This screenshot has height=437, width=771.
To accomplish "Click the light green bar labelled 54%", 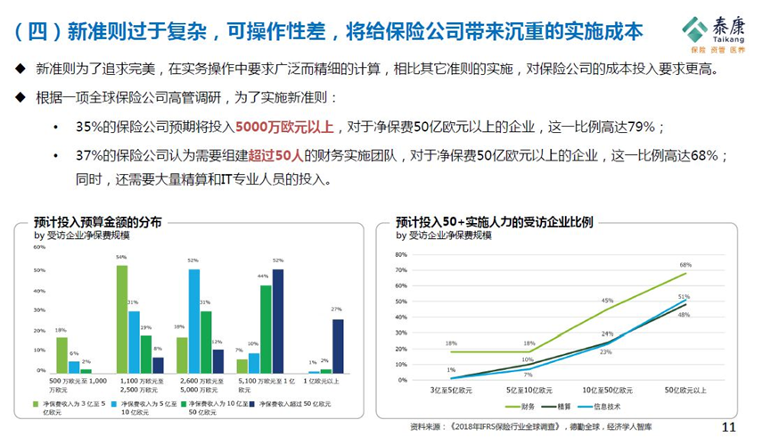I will [121, 318].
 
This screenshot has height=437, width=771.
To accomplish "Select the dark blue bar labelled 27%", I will [338, 345].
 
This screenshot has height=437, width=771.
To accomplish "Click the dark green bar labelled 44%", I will [265, 327].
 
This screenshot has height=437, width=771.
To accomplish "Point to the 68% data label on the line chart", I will [685, 265].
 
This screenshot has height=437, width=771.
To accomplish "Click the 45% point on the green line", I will [608, 309].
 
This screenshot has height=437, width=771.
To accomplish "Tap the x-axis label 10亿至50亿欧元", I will [609, 391].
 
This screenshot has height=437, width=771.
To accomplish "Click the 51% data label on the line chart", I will [684, 297].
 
